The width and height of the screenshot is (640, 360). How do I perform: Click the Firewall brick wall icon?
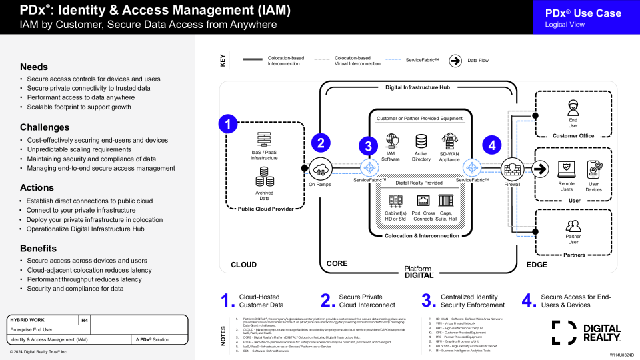[x=512, y=167]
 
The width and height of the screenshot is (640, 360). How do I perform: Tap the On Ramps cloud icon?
[x=321, y=167]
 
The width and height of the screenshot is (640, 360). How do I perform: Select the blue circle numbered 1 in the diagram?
[x=229, y=123]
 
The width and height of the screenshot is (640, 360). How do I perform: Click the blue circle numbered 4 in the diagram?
[x=492, y=145]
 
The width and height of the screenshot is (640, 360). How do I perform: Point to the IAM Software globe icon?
[x=391, y=141]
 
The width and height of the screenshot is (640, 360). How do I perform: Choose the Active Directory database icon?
[x=421, y=141]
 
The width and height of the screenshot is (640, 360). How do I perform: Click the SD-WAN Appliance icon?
[x=449, y=141]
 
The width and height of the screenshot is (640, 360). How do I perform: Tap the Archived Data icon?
[x=265, y=177]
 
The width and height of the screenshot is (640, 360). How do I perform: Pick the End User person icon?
[x=573, y=107]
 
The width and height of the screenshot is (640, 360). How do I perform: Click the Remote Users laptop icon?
[x=565, y=169]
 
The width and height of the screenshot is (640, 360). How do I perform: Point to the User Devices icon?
[x=593, y=169]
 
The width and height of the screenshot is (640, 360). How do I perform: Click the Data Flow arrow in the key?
[x=455, y=61]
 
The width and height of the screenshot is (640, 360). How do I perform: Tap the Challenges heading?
[x=45, y=127]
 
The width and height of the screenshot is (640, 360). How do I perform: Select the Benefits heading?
[x=38, y=248]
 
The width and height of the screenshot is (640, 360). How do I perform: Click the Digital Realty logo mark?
[x=564, y=332]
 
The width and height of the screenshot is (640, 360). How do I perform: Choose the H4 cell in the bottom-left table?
[x=85, y=320]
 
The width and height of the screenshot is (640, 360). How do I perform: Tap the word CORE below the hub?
[x=337, y=263]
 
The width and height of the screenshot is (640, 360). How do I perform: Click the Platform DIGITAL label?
[x=419, y=271]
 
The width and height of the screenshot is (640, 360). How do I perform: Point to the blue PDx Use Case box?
[x=586, y=17]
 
